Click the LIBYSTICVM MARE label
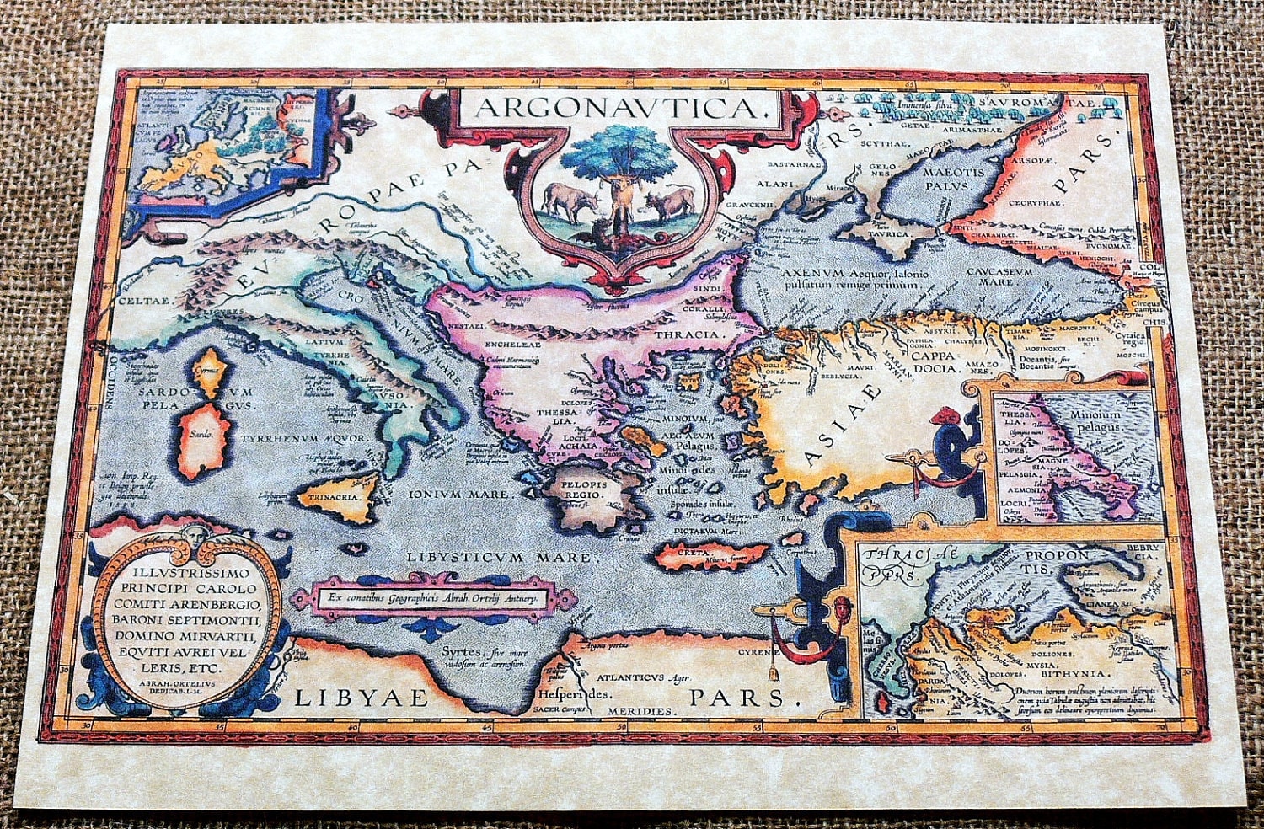[501, 557]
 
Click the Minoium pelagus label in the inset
[1096, 420]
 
